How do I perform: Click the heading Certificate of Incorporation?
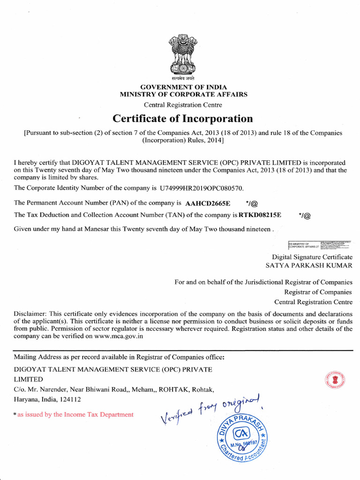[183, 119]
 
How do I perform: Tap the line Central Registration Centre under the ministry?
[183, 105]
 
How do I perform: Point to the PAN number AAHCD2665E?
[208, 203]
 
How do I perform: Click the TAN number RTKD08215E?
[260, 215]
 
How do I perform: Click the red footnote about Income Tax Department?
[75, 414]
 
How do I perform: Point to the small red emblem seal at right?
[333, 380]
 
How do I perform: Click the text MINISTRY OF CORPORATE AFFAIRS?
[184, 95]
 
